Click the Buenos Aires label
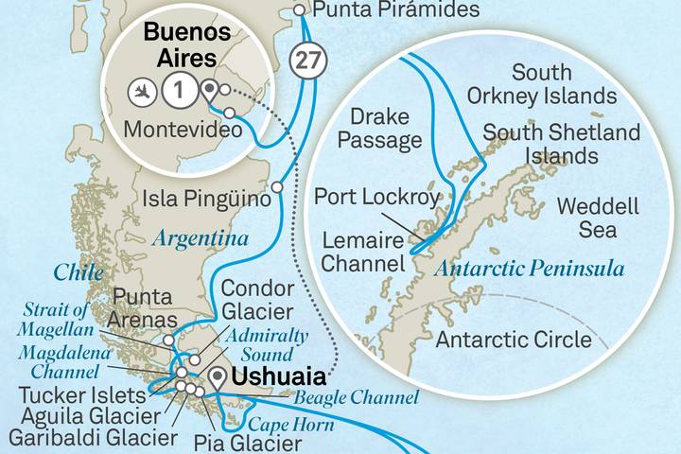(186, 46)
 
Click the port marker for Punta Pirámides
(300, 10)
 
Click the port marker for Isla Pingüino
(276, 188)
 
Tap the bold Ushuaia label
(274, 375)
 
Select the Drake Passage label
(385, 129)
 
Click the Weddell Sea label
(598, 218)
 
